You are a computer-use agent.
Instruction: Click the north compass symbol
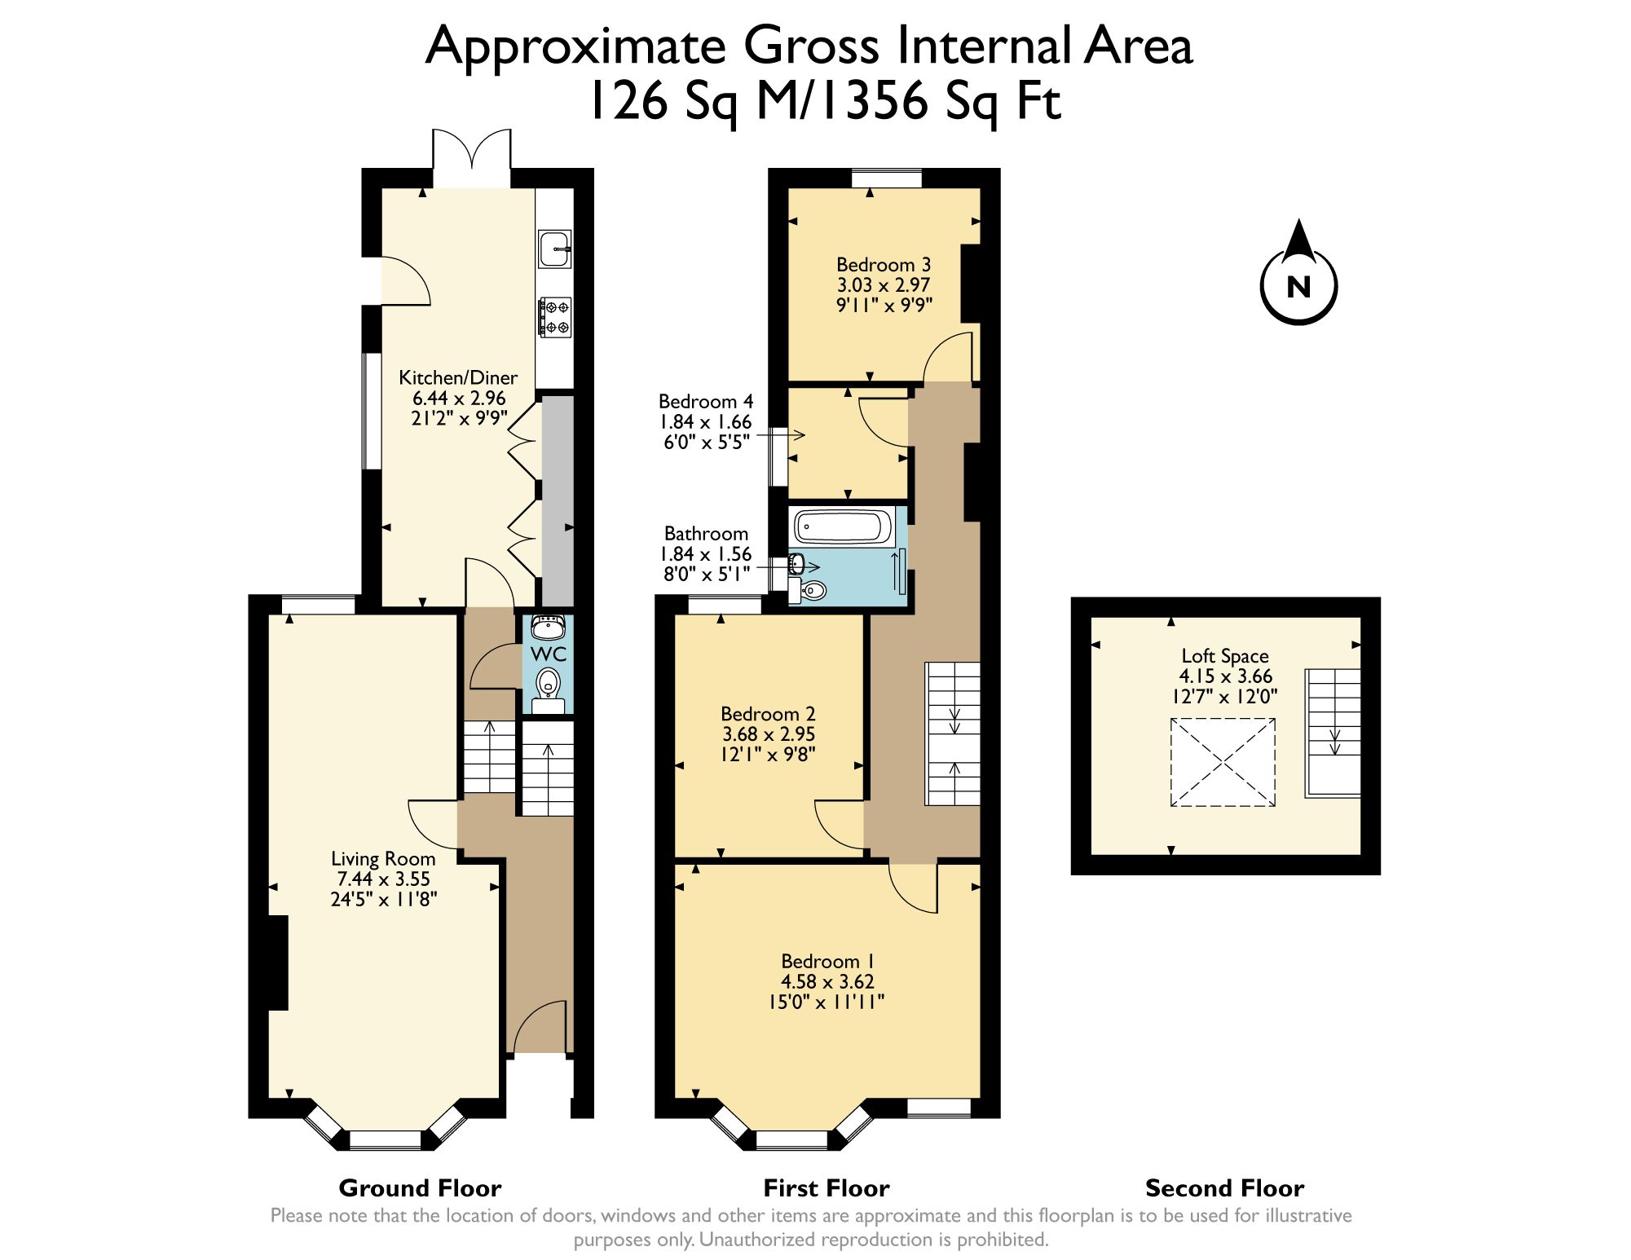[x=1298, y=281]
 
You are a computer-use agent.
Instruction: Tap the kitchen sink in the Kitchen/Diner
[x=554, y=249]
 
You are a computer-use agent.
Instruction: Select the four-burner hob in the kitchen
[x=555, y=317]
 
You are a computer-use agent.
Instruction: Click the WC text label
[x=548, y=654]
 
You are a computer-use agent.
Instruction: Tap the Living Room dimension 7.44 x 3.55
[x=383, y=879]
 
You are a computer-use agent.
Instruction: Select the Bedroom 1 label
[x=827, y=961]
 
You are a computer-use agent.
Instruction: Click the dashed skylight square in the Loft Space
[x=1222, y=762]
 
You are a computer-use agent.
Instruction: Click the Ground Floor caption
[x=420, y=1187]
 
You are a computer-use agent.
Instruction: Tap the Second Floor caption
[x=1224, y=1187]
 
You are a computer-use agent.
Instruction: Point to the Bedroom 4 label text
[x=705, y=401]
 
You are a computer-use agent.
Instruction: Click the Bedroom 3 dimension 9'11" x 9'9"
[x=884, y=305]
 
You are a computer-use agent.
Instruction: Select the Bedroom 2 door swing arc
[x=838, y=826]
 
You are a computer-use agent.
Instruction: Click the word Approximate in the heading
[x=575, y=46]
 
